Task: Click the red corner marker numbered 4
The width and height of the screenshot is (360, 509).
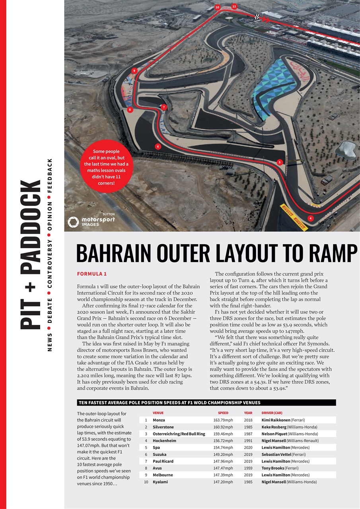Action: coord(310,218)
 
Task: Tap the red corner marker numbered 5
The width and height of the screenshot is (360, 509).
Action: coord(280,162)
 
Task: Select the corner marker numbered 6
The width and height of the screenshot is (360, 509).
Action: coord(158,146)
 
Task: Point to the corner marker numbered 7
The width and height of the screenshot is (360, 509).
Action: coord(163,107)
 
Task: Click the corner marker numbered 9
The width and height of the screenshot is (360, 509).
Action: coord(134,70)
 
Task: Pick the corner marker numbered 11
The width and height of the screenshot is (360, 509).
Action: coord(234,6)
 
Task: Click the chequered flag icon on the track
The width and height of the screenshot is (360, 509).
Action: coord(257,17)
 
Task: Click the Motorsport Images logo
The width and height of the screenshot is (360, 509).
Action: coord(91,221)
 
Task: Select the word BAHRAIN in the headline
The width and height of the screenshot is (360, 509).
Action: coord(119,253)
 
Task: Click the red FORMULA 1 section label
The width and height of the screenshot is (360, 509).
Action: coord(91,274)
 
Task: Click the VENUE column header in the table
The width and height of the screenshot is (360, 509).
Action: coord(158,413)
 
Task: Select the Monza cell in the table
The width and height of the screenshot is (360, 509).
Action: coord(159,420)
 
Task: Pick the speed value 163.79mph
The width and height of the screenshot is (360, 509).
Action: coord(223,420)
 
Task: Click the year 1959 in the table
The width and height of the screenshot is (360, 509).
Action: coord(248,468)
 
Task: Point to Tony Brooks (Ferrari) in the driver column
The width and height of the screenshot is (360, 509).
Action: coord(280,468)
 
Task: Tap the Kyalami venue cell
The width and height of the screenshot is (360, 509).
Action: coord(160,482)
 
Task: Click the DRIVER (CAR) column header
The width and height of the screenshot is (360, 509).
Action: coord(272,413)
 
